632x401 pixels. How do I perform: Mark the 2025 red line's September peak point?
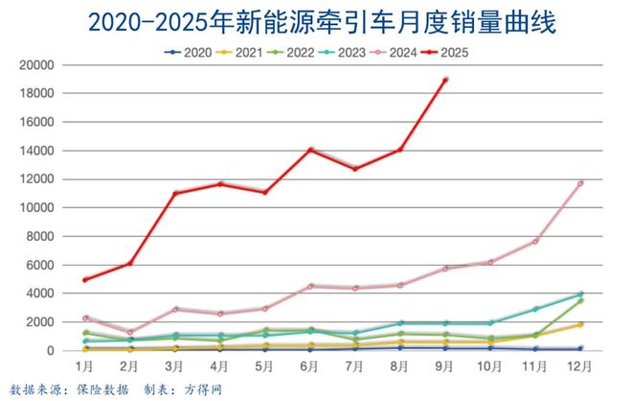(x=445, y=80)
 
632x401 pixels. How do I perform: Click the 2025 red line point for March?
(x=175, y=194)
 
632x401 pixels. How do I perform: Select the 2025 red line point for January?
(x=86, y=280)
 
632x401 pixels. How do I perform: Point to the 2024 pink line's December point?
(x=580, y=183)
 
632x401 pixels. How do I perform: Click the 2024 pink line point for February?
(x=130, y=333)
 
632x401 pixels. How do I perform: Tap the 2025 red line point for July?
(x=355, y=169)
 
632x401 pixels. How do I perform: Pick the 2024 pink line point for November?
(x=535, y=241)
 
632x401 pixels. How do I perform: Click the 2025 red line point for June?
(x=310, y=150)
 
